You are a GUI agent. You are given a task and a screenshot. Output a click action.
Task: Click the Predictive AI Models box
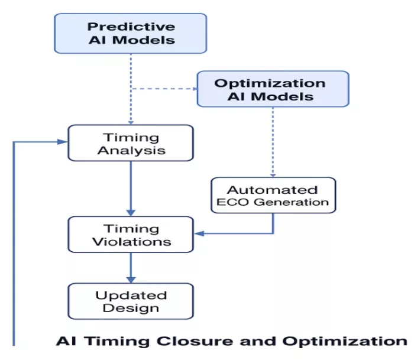pos(131,34)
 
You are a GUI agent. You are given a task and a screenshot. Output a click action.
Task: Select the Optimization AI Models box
pos(273,89)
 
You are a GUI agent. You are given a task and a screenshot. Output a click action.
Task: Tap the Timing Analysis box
pos(131,143)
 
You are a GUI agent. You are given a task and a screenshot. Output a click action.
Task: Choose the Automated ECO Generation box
pos(273,195)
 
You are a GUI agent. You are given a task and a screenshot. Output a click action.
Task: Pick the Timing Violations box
pos(131,235)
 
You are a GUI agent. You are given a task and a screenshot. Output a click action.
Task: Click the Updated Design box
pos(131,301)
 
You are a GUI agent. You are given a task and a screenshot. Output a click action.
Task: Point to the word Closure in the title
pos(195,341)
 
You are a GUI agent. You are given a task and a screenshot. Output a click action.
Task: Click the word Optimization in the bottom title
pos(345,342)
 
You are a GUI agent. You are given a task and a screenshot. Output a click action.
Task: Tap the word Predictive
pos(131,27)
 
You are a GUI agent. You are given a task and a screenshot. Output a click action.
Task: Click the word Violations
pos(132,242)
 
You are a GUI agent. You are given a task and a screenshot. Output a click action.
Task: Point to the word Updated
pos(131,296)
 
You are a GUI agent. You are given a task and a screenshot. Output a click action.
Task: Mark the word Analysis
pos(131,151)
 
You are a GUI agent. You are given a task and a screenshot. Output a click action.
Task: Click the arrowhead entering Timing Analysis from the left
pos(63,142)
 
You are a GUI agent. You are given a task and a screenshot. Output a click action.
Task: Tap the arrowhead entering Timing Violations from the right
pos(199,233)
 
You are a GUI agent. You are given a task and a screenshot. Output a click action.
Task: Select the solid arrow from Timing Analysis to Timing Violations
pos(131,189)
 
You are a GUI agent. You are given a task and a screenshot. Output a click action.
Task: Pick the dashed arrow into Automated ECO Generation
pos(273,142)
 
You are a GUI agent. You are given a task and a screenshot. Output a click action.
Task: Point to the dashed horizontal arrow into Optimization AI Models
pos(164,89)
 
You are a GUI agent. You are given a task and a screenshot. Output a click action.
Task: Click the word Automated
pos(272,190)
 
